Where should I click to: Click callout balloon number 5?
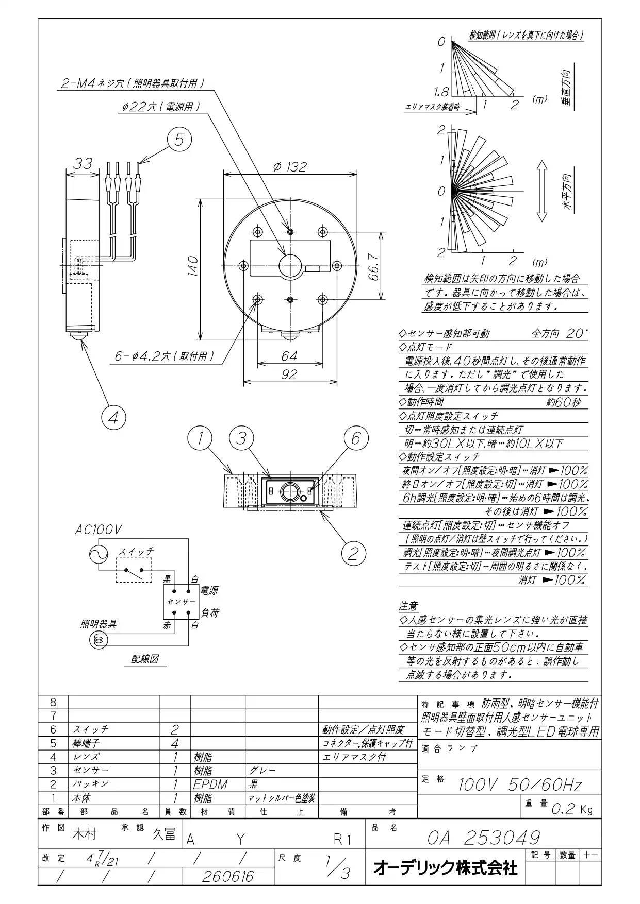click(x=179, y=140)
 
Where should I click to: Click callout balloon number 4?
click(x=113, y=417)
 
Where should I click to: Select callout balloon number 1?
click(x=201, y=439)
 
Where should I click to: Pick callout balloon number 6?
click(x=356, y=439)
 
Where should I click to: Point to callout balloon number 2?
click(x=353, y=554)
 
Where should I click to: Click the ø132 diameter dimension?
click(x=290, y=167)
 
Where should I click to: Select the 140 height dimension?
click(x=193, y=266)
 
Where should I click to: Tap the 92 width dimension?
click(x=289, y=374)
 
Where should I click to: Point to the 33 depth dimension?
click(x=82, y=163)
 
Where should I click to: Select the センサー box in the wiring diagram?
click(x=181, y=602)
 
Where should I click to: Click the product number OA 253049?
click(x=484, y=838)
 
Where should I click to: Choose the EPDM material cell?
click(x=210, y=784)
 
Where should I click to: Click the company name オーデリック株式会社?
click(x=445, y=868)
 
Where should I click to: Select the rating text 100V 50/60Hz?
click(x=520, y=784)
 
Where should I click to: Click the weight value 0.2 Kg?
click(x=572, y=809)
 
